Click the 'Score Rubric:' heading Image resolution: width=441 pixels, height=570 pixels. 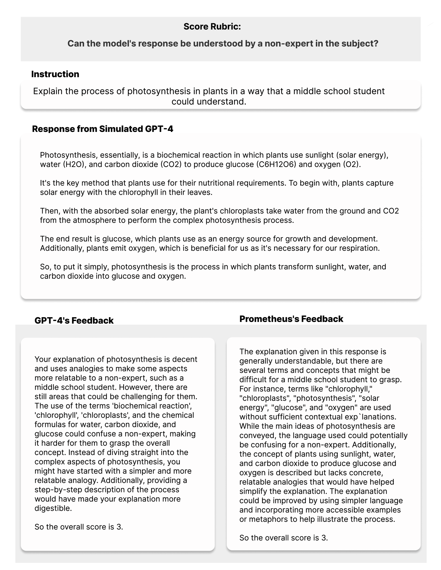212,27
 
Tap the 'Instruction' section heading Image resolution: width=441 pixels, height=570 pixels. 55,74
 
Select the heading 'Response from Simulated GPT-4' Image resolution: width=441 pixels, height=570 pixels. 102,129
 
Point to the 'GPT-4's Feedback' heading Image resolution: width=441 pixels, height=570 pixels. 74,320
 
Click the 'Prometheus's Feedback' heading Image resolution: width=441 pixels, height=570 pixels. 291,319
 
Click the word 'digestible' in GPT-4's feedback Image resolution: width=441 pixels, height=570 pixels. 53,508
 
